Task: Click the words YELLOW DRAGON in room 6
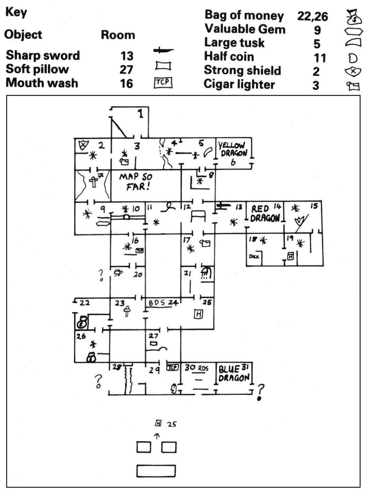tap(234, 150)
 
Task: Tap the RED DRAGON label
tap(265, 213)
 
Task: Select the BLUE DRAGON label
tap(234, 374)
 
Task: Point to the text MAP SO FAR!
tap(136, 182)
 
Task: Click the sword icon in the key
tap(163, 51)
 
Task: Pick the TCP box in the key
tap(163, 83)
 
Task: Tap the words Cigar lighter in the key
tap(239, 84)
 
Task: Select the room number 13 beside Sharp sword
tap(127, 56)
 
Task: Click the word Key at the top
tap(16, 12)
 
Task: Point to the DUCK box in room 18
tap(254, 257)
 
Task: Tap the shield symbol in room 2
tap(82, 146)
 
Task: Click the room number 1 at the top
tap(141, 114)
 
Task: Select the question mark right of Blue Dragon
tap(261, 391)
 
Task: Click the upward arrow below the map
tap(157, 436)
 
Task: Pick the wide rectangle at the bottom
tap(156, 471)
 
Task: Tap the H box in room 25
tap(198, 314)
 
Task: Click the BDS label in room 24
tap(157, 303)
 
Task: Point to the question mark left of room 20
tap(101, 275)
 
